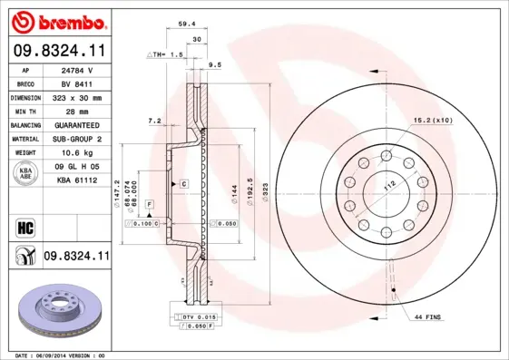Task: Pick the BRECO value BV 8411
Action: point(78,83)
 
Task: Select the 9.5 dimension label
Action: point(215,65)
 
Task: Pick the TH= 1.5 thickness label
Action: point(166,55)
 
